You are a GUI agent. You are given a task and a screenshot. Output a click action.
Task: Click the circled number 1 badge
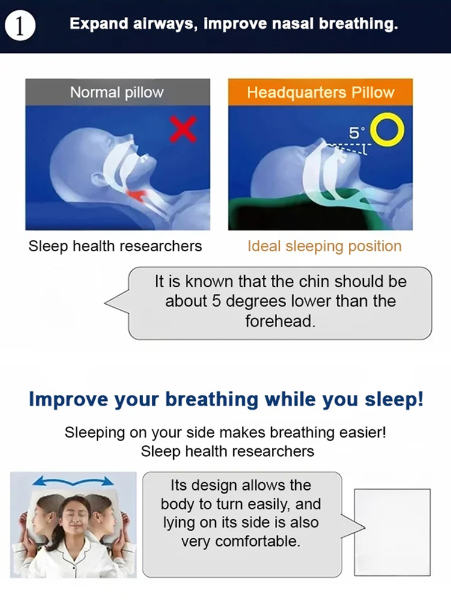(x=21, y=26)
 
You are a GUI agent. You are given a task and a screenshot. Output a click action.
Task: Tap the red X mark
(x=183, y=130)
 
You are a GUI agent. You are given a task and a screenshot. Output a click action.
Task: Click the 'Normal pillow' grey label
(x=117, y=93)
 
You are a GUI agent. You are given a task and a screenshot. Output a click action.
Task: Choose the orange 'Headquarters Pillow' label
(x=320, y=93)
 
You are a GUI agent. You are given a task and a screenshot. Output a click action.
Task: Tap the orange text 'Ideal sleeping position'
(x=324, y=246)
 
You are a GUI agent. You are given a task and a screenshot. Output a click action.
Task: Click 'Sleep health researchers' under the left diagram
(x=115, y=246)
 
